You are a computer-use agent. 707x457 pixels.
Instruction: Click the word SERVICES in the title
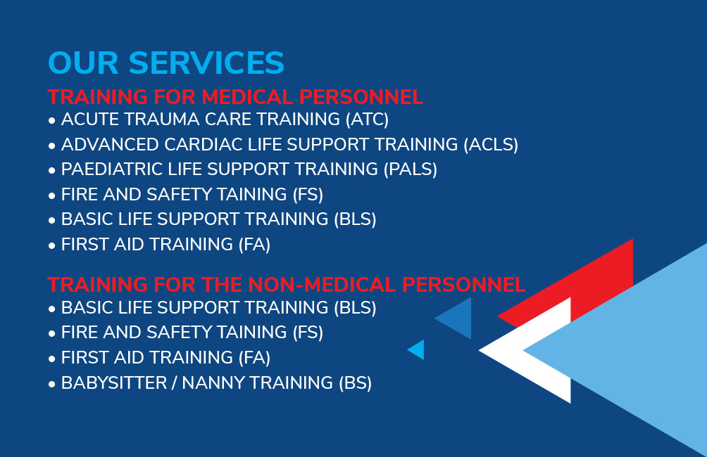(x=206, y=63)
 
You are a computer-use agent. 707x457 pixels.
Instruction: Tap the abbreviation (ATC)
(x=367, y=120)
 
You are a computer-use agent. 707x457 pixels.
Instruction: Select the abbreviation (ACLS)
(x=491, y=145)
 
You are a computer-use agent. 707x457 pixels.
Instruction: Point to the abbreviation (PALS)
(x=411, y=169)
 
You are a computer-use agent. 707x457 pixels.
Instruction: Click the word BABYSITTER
(x=114, y=383)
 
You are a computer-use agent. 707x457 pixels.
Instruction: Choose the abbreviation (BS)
(x=356, y=383)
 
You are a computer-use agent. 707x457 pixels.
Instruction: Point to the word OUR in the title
(x=83, y=63)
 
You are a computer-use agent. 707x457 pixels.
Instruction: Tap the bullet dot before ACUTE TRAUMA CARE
(x=52, y=121)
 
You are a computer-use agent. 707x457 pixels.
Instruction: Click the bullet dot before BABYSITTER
(x=52, y=385)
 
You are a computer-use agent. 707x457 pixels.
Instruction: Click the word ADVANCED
(x=110, y=145)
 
